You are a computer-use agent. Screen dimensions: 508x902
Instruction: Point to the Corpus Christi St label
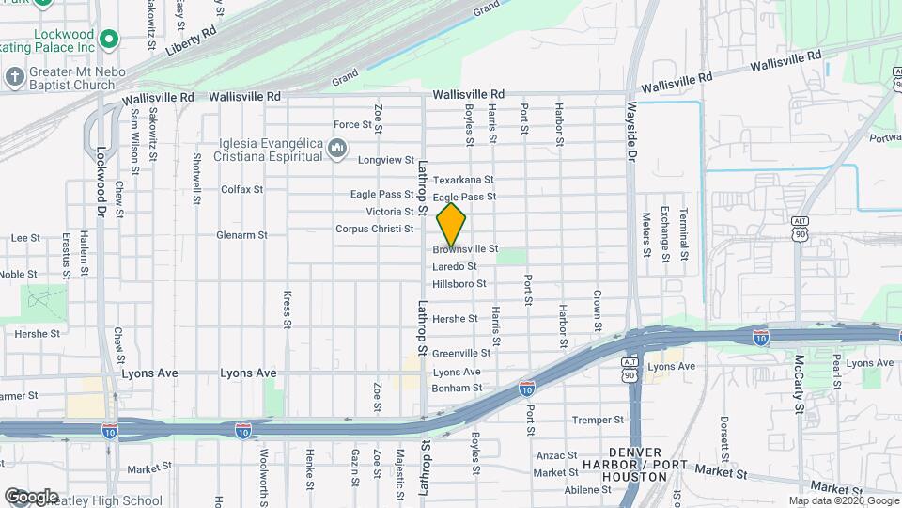click(375, 229)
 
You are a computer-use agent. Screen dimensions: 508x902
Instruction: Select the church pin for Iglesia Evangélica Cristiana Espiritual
click(338, 150)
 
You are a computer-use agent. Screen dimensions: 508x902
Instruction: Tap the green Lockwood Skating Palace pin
click(109, 40)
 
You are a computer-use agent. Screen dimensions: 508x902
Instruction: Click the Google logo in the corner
click(31, 496)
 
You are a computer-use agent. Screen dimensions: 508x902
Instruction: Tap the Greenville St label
click(461, 354)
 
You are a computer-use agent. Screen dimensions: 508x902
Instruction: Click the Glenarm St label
click(242, 235)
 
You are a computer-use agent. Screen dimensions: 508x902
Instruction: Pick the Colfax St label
click(241, 189)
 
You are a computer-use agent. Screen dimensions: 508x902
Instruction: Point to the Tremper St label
click(599, 420)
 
